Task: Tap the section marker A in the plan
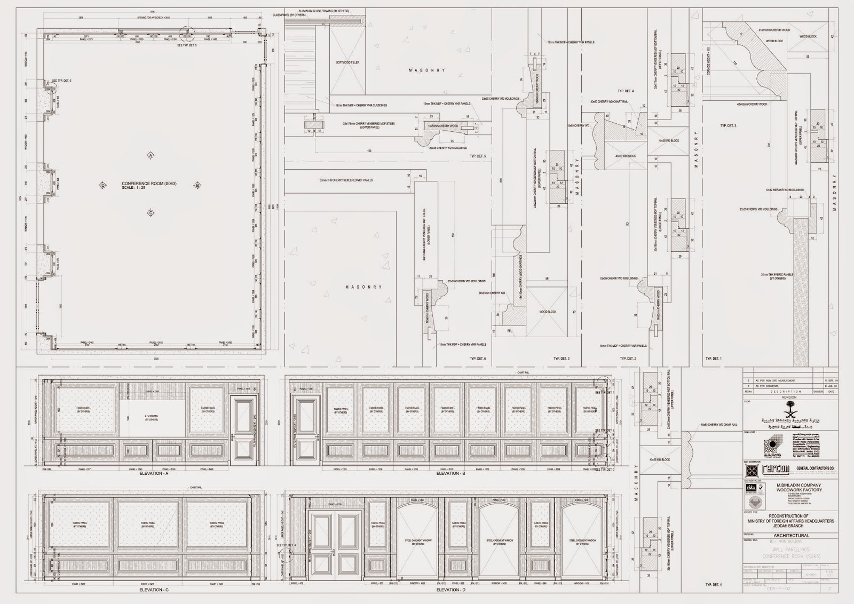pyautogui.click(x=151, y=155)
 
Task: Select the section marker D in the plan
pyautogui.click(x=102, y=186)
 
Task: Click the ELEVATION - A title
pyautogui.click(x=154, y=473)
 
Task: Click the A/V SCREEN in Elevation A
pyautogui.click(x=153, y=418)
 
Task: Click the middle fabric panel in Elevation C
pyautogui.click(x=148, y=525)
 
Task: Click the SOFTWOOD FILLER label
pyautogui.click(x=347, y=62)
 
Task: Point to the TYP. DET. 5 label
pyautogui.click(x=478, y=156)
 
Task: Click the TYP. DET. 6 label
pyautogui.click(x=478, y=359)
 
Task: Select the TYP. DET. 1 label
pyautogui.click(x=713, y=359)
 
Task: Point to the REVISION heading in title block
pyautogui.click(x=788, y=396)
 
